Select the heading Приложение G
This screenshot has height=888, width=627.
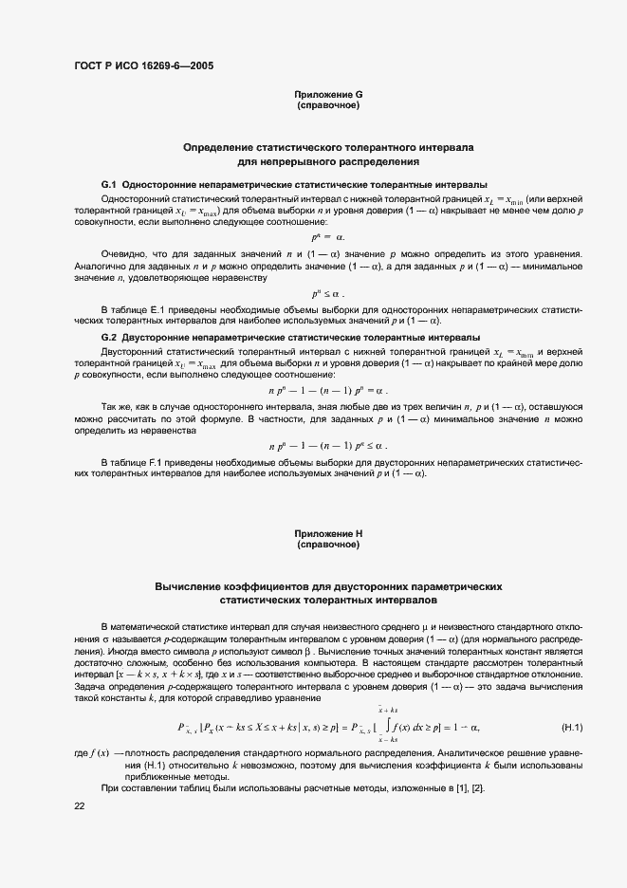point(328,95)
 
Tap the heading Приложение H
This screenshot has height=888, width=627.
point(328,536)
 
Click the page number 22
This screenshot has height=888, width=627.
point(80,805)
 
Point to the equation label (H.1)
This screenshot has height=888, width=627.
point(571,728)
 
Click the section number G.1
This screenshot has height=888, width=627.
point(108,183)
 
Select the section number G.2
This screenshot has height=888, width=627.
point(108,338)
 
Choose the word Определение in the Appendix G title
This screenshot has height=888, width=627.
point(218,149)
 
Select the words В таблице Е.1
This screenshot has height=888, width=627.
point(136,310)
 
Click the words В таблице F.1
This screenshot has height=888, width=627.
point(136,462)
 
